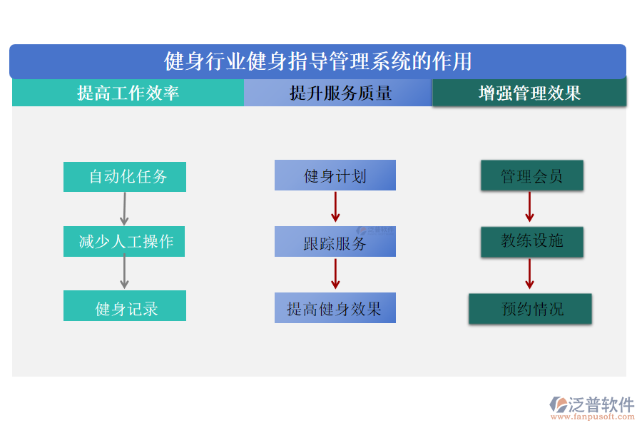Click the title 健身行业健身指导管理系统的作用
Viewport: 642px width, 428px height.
(317, 61)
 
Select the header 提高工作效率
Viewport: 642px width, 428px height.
(128, 93)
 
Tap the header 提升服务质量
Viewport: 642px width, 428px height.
(338, 93)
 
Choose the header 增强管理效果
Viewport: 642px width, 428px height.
(529, 93)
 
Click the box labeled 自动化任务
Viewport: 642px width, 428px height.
(125, 176)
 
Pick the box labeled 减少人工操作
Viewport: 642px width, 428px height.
(125, 242)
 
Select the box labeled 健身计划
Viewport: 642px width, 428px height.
(335, 175)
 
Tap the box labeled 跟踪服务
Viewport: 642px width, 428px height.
(335, 242)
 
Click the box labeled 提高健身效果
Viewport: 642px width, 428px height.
(335, 308)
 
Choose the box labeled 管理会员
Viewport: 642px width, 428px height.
(531, 175)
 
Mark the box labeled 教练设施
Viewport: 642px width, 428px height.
(531, 242)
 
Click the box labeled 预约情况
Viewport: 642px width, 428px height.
(530, 309)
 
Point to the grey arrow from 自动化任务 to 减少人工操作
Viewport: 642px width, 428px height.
(124, 208)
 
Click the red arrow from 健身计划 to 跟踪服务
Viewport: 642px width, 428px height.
(335, 208)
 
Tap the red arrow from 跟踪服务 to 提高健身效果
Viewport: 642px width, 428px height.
(335, 274)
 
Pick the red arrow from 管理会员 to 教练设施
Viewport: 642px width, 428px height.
(529, 208)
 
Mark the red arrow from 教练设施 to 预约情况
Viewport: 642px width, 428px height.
(529, 274)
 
